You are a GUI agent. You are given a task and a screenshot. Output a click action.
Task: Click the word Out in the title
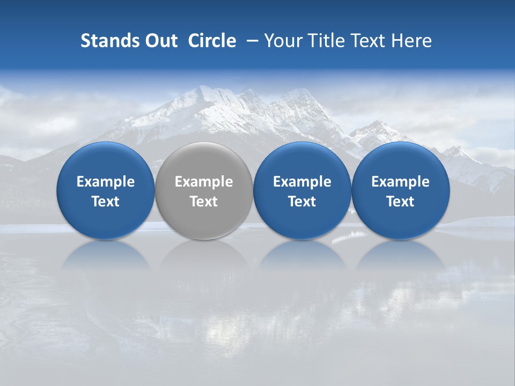[160, 41]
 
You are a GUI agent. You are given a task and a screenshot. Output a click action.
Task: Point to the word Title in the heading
[325, 41]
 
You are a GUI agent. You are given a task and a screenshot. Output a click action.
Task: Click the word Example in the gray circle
[204, 182]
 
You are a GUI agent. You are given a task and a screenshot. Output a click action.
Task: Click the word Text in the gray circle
[204, 202]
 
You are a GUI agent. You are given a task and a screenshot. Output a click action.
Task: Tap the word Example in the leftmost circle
[105, 182]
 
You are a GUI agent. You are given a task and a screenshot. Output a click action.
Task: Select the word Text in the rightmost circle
[400, 202]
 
